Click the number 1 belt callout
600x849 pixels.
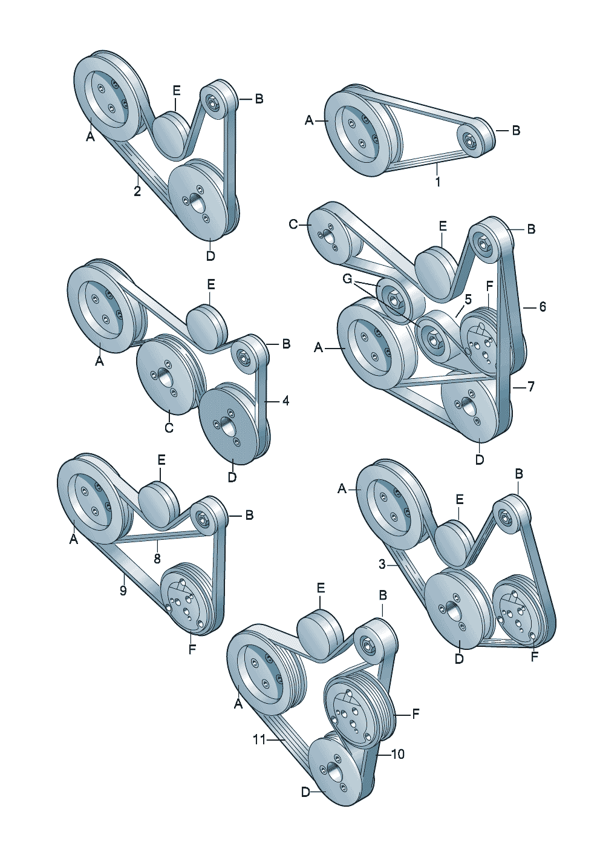[438, 181]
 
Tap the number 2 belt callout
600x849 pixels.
[137, 191]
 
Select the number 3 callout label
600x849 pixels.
[382, 564]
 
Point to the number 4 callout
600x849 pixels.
[285, 401]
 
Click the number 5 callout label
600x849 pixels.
[468, 299]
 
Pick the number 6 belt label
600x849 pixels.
[542, 307]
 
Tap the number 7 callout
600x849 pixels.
[530, 386]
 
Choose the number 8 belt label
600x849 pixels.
[157, 558]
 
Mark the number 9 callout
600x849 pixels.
[123, 590]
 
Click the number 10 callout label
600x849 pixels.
[398, 754]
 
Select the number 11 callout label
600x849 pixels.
[259, 739]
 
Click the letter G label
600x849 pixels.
[347, 279]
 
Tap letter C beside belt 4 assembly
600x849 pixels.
[169, 428]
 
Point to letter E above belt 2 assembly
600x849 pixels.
[177, 91]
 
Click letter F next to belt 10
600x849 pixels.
[416, 714]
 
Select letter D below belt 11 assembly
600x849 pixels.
[305, 792]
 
